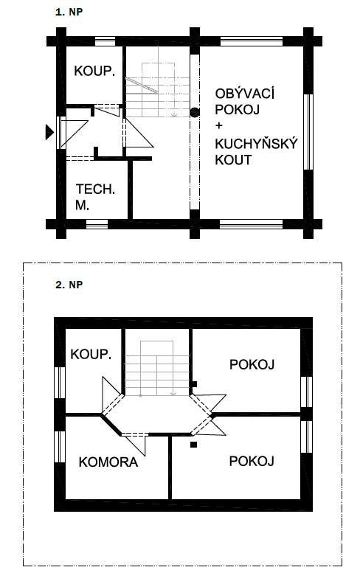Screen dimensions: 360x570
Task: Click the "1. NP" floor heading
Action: click(69, 12)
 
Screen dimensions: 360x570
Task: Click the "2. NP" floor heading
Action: click(69, 285)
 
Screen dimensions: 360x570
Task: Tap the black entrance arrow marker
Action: click(49, 132)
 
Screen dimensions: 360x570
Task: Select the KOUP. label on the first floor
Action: click(94, 71)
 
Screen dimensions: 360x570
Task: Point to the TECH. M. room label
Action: click(95, 197)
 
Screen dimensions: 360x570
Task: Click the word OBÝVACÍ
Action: click(244, 94)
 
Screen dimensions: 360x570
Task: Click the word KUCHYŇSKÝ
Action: click(256, 144)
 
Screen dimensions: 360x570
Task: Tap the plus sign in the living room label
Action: click(219, 126)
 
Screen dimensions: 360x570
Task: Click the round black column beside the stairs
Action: click(195, 112)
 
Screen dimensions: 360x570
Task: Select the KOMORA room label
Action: click(108, 462)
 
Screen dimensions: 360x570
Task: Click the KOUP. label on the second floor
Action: click(91, 354)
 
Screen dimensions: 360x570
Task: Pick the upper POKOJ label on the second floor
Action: click(252, 364)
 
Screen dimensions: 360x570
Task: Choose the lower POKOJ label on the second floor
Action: click(252, 461)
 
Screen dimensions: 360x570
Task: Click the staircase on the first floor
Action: click(157, 90)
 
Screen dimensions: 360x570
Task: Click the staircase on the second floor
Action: click(157, 368)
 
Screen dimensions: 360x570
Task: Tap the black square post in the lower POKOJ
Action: click(194, 444)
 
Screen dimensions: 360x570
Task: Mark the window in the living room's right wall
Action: click(308, 132)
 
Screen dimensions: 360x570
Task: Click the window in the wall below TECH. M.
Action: click(97, 224)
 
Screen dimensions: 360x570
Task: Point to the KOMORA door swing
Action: click(134, 444)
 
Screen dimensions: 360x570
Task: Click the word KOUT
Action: click(233, 160)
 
